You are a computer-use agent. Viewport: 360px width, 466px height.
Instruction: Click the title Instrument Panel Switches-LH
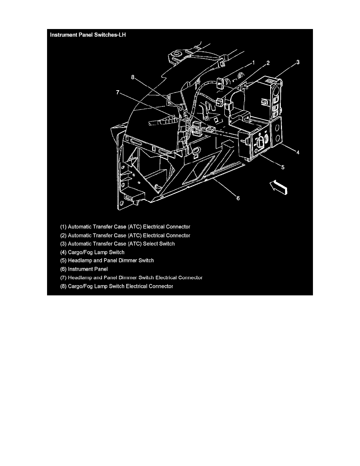click(88, 35)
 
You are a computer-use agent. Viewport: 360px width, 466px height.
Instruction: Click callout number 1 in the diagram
click(253, 62)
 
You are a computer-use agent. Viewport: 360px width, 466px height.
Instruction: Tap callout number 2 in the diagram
click(268, 63)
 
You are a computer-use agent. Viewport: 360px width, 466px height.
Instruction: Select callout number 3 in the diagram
click(298, 62)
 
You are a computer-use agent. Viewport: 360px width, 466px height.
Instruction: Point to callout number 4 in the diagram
click(298, 152)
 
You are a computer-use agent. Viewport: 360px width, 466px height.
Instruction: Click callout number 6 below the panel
click(238, 198)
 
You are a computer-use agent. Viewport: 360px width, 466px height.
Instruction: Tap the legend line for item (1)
click(125, 227)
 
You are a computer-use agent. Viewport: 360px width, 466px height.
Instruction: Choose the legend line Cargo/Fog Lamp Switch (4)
click(92, 252)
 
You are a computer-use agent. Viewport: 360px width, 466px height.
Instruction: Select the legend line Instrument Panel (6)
click(84, 269)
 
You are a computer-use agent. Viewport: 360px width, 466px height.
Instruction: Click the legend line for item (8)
click(116, 286)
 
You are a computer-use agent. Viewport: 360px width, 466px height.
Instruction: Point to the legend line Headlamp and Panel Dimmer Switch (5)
click(107, 260)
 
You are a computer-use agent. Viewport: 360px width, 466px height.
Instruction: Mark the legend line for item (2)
click(125, 235)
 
